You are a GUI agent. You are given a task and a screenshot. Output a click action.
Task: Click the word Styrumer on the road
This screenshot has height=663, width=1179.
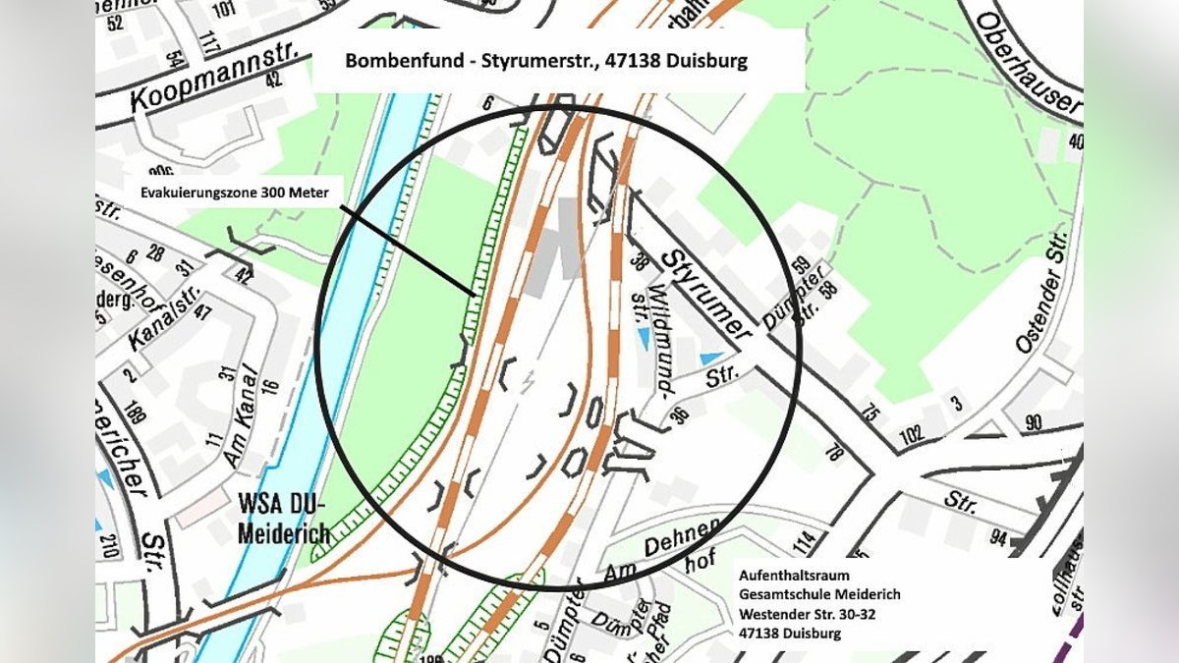coord(703,291)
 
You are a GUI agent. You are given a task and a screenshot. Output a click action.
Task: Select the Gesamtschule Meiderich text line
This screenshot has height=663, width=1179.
coord(819,595)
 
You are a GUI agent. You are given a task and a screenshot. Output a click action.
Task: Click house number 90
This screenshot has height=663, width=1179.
coord(1033,423)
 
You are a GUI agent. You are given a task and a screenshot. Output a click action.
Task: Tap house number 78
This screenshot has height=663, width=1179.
coord(835,452)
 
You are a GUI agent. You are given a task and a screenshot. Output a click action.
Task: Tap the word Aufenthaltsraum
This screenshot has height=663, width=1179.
coord(794,576)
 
